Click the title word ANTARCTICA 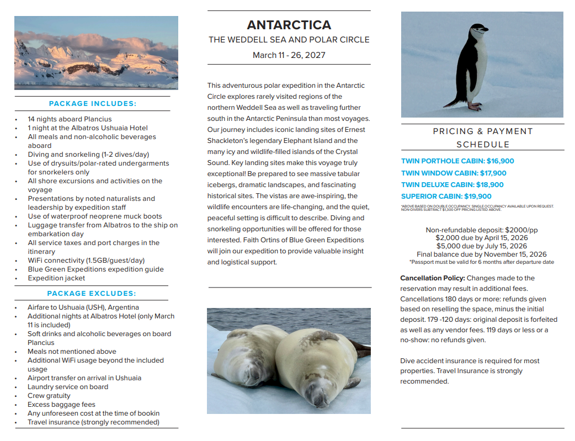coord(289,25)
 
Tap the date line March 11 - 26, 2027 coord(289,55)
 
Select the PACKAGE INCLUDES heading coord(92,104)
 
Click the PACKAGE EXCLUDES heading coord(92,294)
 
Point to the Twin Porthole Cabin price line coord(457,161)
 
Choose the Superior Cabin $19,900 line coord(446,196)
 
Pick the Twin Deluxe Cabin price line coord(452,185)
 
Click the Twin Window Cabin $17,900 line coord(454,173)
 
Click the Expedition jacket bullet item coord(56,278)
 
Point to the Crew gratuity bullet coord(49,396)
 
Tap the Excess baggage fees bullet coord(61,405)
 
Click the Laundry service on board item coord(68,387)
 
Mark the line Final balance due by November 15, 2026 coord(482,254)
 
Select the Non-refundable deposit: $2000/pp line coord(482,230)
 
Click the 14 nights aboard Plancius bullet coord(70,119)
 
